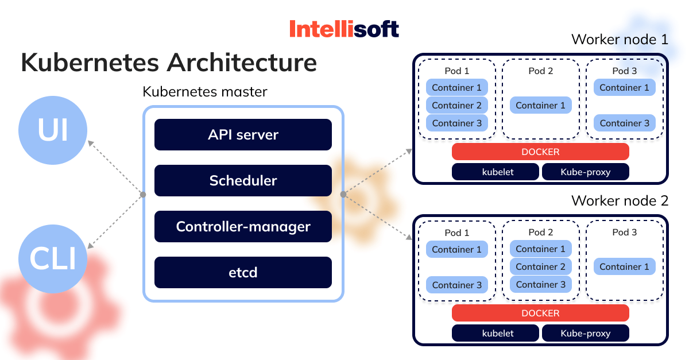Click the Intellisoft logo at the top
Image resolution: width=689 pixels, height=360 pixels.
point(344,29)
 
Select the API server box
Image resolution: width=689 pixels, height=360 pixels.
point(243,134)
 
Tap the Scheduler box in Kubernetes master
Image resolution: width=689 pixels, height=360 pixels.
point(243,180)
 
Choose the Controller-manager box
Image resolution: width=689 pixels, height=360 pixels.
point(243,226)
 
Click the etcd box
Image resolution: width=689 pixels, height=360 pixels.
point(243,272)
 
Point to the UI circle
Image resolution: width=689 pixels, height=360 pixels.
point(53,130)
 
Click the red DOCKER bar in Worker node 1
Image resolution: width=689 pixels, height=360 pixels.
point(540,152)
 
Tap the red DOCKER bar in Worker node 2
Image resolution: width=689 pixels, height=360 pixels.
point(540,313)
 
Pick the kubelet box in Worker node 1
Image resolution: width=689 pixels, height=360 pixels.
point(496,172)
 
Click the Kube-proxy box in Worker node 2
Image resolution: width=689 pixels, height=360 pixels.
point(585,333)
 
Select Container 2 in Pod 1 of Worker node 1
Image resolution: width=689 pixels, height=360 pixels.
point(457,105)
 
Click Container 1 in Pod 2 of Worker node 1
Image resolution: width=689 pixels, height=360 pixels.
point(540,105)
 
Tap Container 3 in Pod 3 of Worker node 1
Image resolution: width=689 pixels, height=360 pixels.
point(624,123)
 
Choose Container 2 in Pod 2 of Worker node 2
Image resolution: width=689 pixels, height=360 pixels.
point(540,266)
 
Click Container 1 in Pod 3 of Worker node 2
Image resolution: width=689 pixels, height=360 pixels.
point(624,266)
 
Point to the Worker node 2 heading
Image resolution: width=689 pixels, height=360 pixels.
point(620,201)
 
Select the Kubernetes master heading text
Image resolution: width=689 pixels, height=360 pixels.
point(205,91)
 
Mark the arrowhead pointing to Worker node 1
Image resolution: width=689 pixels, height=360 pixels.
point(409,150)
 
